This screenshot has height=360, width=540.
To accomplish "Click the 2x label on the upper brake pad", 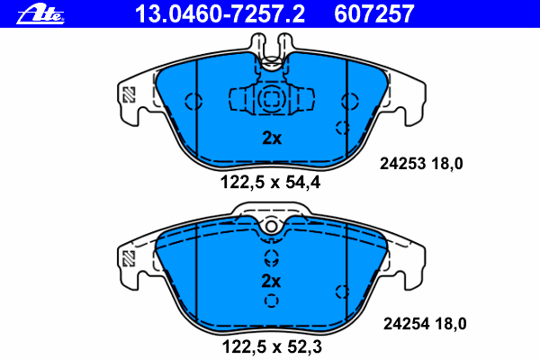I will click(271, 139).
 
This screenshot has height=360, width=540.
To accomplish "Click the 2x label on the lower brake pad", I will click(271, 281).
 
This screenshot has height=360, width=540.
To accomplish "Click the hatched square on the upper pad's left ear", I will click(130, 94).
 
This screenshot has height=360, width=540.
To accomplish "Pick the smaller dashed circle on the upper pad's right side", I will click(341, 126).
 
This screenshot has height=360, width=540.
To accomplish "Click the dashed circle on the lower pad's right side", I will click(341, 291).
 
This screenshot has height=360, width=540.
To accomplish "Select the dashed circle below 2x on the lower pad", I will click(272, 300).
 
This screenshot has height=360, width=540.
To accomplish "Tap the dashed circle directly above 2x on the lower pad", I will click(272, 262).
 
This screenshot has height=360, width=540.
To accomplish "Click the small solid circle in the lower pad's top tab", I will click(271, 227).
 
